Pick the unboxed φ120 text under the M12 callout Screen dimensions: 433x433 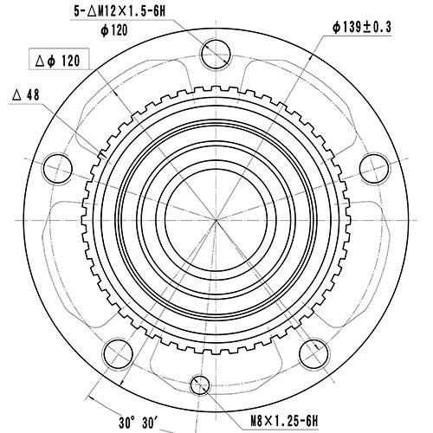tap(114, 29)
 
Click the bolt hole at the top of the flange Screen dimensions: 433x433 tap(215, 57)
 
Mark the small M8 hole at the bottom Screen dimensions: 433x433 tap(200, 382)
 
